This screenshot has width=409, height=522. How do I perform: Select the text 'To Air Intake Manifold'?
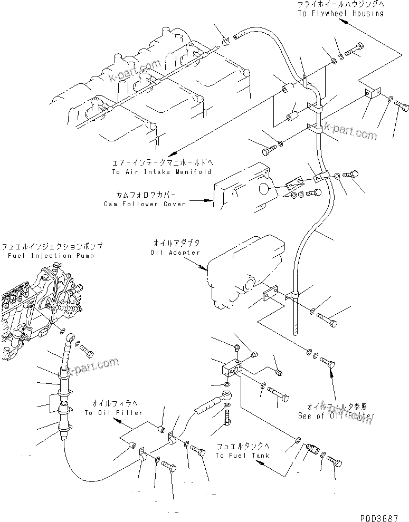pyautogui.click(x=161, y=172)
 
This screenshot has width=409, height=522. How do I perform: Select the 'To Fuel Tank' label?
pyautogui.click(x=242, y=455)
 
